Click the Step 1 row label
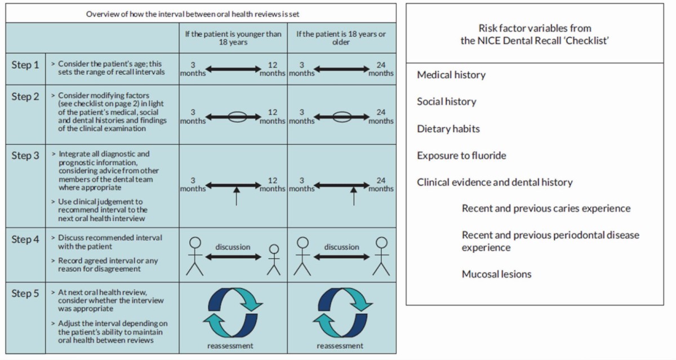coord(25,65)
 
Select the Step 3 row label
coord(25,155)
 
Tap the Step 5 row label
coord(25,294)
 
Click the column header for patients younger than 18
coord(233,38)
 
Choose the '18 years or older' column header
coord(341,38)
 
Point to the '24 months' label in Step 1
coord(381,69)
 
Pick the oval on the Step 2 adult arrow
coord(341,117)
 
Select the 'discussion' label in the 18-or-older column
coord(341,247)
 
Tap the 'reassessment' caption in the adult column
coord(340,345)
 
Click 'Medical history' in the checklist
coord(451,75)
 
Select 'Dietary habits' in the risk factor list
coord(448,128)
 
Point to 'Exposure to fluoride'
coord(461,155)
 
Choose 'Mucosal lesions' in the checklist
coord(496,274)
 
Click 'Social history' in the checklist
coord(446,102)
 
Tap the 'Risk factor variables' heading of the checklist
coord(535,34)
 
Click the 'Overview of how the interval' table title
coord(193,14)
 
